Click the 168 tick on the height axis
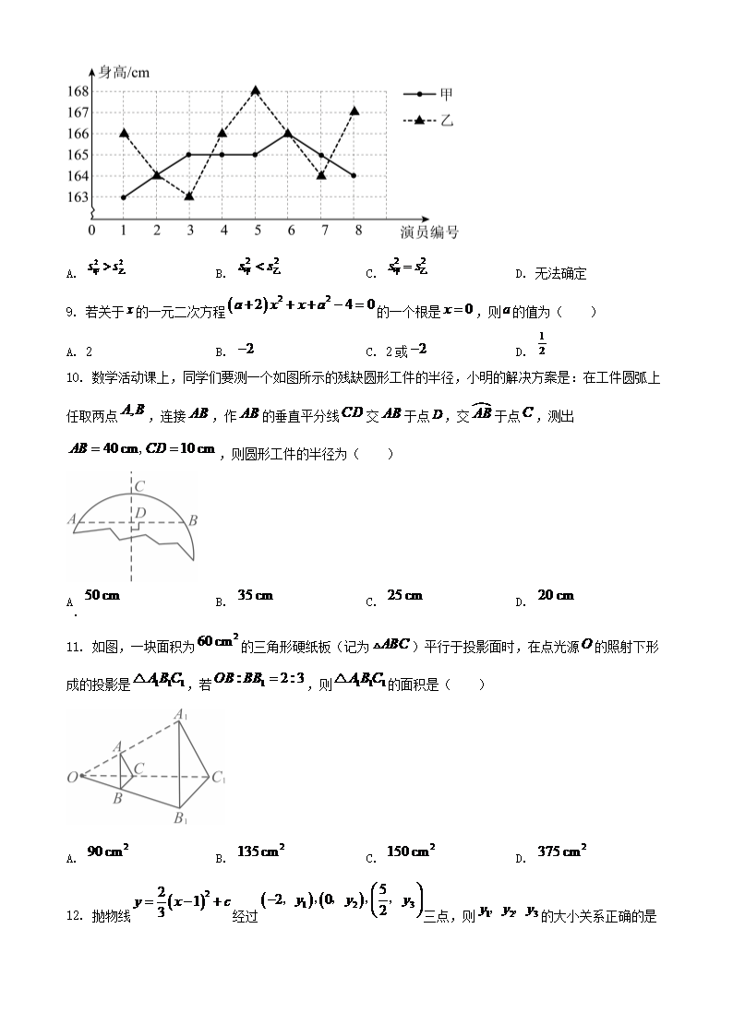pyautogui.click(x=78, y=91)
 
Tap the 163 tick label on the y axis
pyautogui.click(x=78, y=197)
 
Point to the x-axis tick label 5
pyautogui.click(x=256, y=230)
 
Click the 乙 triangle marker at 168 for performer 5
pyautogui.click(x=255, y=90)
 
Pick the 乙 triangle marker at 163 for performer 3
pyautogui.click(x=189, y=196)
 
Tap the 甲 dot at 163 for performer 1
pyautogui.click(x=124, y=197)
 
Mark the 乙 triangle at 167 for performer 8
pyautogui.click(x=354, y=111)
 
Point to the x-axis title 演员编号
pyautogui.click(x=429, y=232)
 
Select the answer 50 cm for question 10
pyautogui.click(x=102, y=596)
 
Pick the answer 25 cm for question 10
pyautogui.click(x=404, y=596)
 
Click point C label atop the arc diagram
pyautogui.click(x=138, y=486)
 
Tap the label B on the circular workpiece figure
pyautogui.click(x=192, y=521)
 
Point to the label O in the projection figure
pyautogui.click(x=71, y=778)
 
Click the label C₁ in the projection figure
pyautogui.click(x=218, y=779)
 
